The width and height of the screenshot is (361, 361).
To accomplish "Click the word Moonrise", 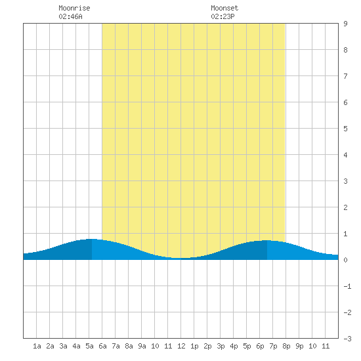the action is (x=74, y=8).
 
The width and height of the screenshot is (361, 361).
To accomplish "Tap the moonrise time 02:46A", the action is (x=70, y=16).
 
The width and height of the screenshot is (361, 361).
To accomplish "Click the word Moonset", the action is (x=224, y=8).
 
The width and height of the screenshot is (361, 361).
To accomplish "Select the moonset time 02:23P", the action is (x=223, y=16).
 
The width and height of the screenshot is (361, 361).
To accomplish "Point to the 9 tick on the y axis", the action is (x=345, y=24).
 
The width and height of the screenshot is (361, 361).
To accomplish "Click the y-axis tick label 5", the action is (x=345, y=129).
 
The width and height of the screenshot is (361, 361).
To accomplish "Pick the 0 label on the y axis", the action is (x=345, y=260).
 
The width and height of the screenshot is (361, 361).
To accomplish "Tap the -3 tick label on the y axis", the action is (x=347, y=339).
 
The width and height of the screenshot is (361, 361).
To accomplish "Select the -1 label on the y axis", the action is (x=347, y=286).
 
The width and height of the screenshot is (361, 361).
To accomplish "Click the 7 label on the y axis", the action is (x=345, y=76).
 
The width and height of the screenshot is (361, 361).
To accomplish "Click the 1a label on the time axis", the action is (x=37, y=346).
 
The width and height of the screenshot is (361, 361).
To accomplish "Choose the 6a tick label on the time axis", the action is (x=102, y=346).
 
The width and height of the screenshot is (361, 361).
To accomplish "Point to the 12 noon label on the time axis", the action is (x=181, y=346).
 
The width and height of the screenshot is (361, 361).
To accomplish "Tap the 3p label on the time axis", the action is (x=221, y=346).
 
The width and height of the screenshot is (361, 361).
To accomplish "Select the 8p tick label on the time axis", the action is (x=286, y=346).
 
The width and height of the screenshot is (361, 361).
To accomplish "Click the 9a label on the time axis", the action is (x=142, y=346).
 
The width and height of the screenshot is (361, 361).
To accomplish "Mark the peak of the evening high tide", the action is (x=266, y=240).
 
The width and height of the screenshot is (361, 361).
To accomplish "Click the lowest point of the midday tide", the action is (x=180, y=258).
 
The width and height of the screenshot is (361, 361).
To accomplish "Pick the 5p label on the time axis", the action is (x=247, y=346).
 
